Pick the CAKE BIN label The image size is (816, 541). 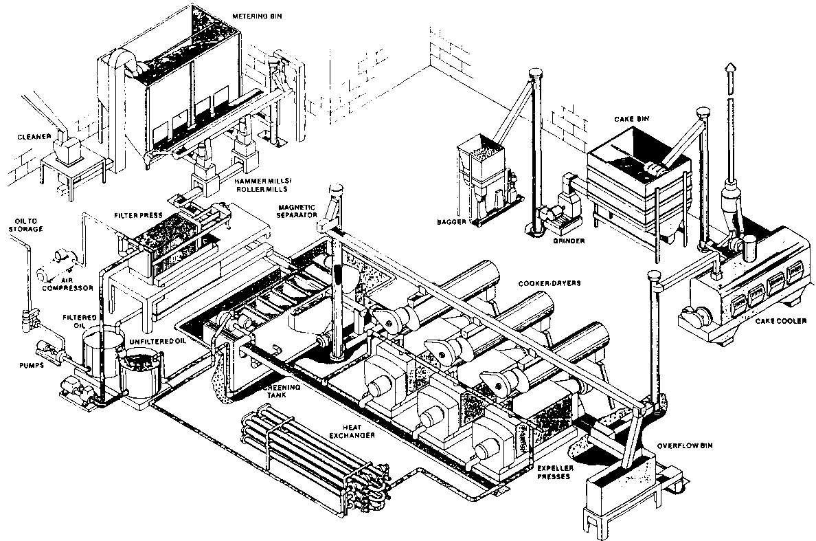coord(632,119)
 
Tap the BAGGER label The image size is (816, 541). coord(451,222)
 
